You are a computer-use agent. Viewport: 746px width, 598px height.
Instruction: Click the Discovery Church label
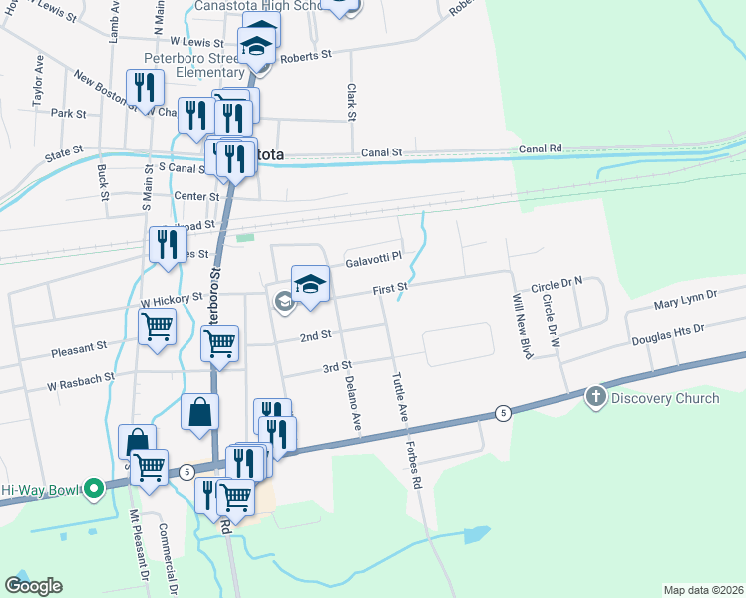click(665, 399)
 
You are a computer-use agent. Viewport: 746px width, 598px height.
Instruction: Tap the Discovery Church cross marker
click(596, 398)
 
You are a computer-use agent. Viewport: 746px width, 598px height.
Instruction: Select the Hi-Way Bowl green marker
click(93, 489)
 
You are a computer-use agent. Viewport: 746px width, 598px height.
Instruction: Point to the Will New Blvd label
click(522, 327)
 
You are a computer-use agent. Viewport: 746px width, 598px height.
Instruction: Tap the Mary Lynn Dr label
click(685, 298)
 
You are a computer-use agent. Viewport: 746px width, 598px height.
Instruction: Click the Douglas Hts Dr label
click(667, 334)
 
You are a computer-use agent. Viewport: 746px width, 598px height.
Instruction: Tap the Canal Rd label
click(541, 149)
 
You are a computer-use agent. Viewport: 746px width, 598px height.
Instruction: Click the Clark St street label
click(351, 103)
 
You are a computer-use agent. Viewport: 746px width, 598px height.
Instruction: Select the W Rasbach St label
click(81, 378)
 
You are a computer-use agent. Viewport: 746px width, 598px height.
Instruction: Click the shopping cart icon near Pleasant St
click(158, 326)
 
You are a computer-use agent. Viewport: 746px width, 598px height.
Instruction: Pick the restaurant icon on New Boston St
click(146, 88)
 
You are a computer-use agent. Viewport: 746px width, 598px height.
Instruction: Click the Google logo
click(33, 586)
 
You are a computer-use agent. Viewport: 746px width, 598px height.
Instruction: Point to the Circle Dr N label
click(557, 284)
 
